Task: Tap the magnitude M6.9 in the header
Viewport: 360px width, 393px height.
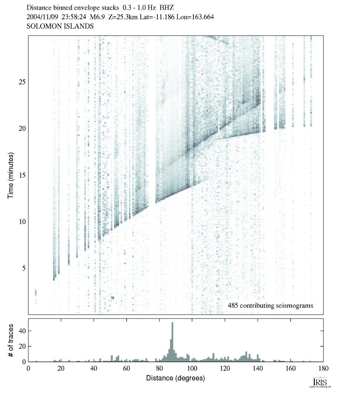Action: pos(94,17)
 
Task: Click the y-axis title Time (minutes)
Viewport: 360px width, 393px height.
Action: pos(11,175)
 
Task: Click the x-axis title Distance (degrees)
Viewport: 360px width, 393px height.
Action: pos(176,378)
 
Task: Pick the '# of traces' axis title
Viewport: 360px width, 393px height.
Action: pos(11,340)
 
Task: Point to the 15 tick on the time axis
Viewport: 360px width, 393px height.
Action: pos(22,175)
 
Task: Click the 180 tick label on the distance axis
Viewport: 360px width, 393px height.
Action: pos(323,369)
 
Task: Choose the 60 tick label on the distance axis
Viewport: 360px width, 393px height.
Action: pos(127,369)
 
